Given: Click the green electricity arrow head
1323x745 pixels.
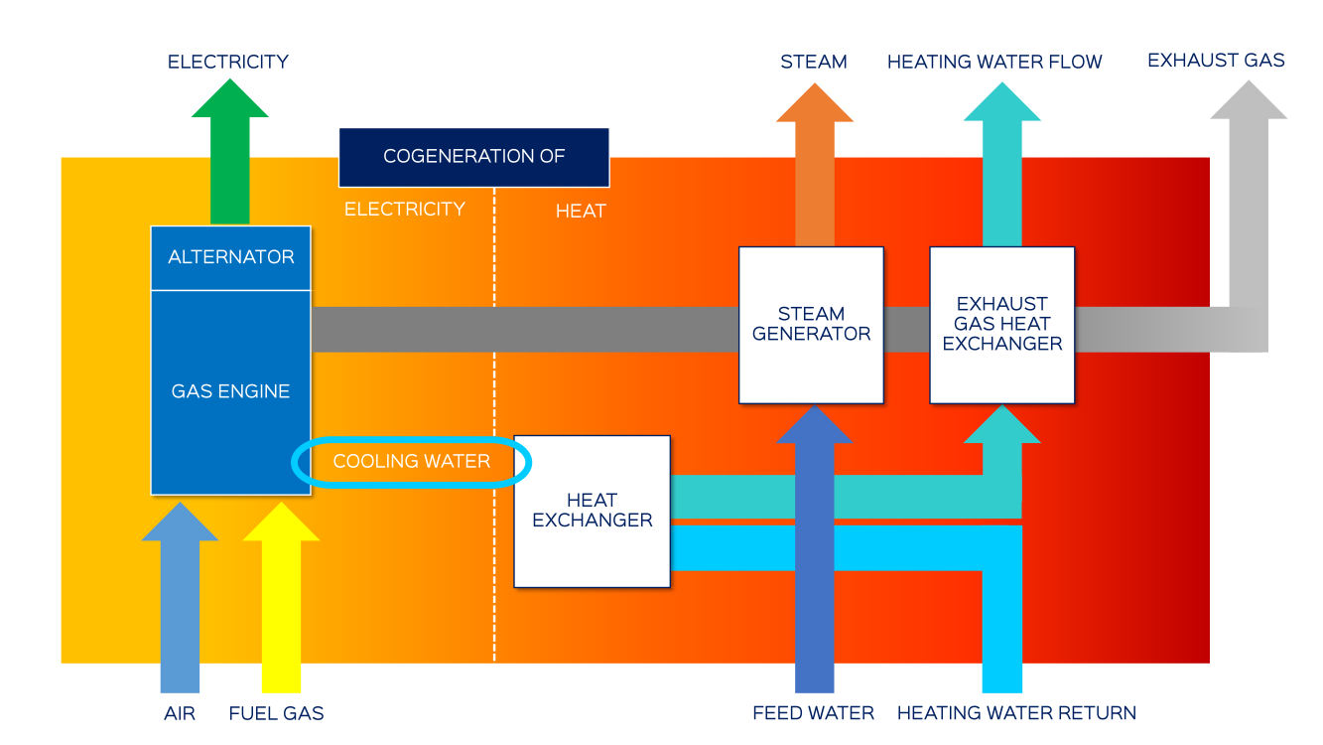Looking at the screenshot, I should tap(230, 99).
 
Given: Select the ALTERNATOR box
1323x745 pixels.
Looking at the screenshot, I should tap(230, 257).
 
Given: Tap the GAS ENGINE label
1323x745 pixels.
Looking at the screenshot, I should tap(230, 391).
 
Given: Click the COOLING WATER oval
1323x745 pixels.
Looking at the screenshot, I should tap(412, 462).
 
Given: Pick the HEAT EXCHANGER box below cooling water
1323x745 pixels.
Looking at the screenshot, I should tap(593, 511).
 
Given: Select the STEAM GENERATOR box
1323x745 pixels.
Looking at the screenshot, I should tap(811, 325).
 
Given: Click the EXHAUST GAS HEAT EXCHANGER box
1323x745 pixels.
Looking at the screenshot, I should tap(1001, 325).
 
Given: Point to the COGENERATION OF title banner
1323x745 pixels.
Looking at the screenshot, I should tap(473, 157).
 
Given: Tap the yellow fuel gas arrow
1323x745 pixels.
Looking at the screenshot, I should tap(281, 596).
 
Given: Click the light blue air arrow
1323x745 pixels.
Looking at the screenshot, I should tap(180, 596).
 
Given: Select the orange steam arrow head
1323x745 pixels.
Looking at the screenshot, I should tap(814, 102).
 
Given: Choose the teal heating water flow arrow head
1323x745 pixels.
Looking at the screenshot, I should tap(1001, 102).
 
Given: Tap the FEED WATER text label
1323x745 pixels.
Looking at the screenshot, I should tap(813, 713).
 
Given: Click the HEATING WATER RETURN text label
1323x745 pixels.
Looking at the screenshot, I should tap(1016, 713).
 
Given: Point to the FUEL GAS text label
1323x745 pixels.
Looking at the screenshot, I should tap(276, 713).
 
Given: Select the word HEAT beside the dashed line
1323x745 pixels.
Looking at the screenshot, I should tap(581, 212).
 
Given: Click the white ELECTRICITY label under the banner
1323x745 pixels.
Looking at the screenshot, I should tap(404, 210).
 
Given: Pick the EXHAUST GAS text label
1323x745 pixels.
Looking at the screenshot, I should tap(1216, 61).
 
